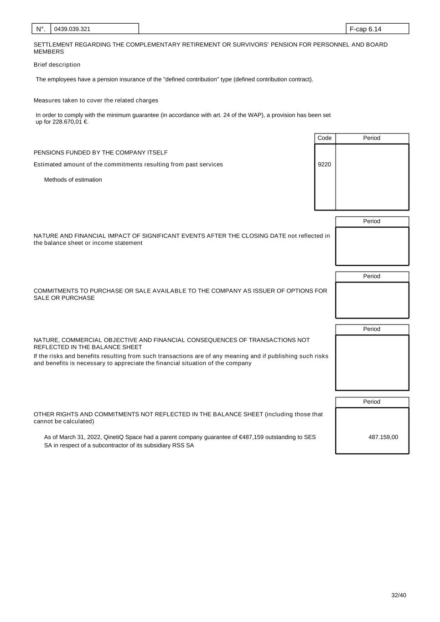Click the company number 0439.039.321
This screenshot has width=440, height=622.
(x=72, y=29)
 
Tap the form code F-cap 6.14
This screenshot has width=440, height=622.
(x=365, y=29)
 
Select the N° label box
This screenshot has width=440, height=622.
(x=41, y=29)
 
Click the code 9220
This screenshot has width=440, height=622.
(x=324, y=164)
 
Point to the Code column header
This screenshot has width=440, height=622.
(x=325, y=138)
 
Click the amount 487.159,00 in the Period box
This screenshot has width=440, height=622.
(x=383, y=437)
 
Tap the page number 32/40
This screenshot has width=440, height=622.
(x=399, y=595)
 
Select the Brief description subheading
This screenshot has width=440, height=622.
(x=57, y=65)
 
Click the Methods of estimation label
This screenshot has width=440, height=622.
(x=73, y=180)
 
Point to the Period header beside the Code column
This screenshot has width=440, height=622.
(x=372, y=138)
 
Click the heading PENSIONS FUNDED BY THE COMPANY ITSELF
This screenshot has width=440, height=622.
(x=100, y=153)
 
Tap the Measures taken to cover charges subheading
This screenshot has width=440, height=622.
(x=96, y=100)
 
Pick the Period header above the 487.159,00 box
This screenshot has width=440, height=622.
(x=372, y=402)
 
